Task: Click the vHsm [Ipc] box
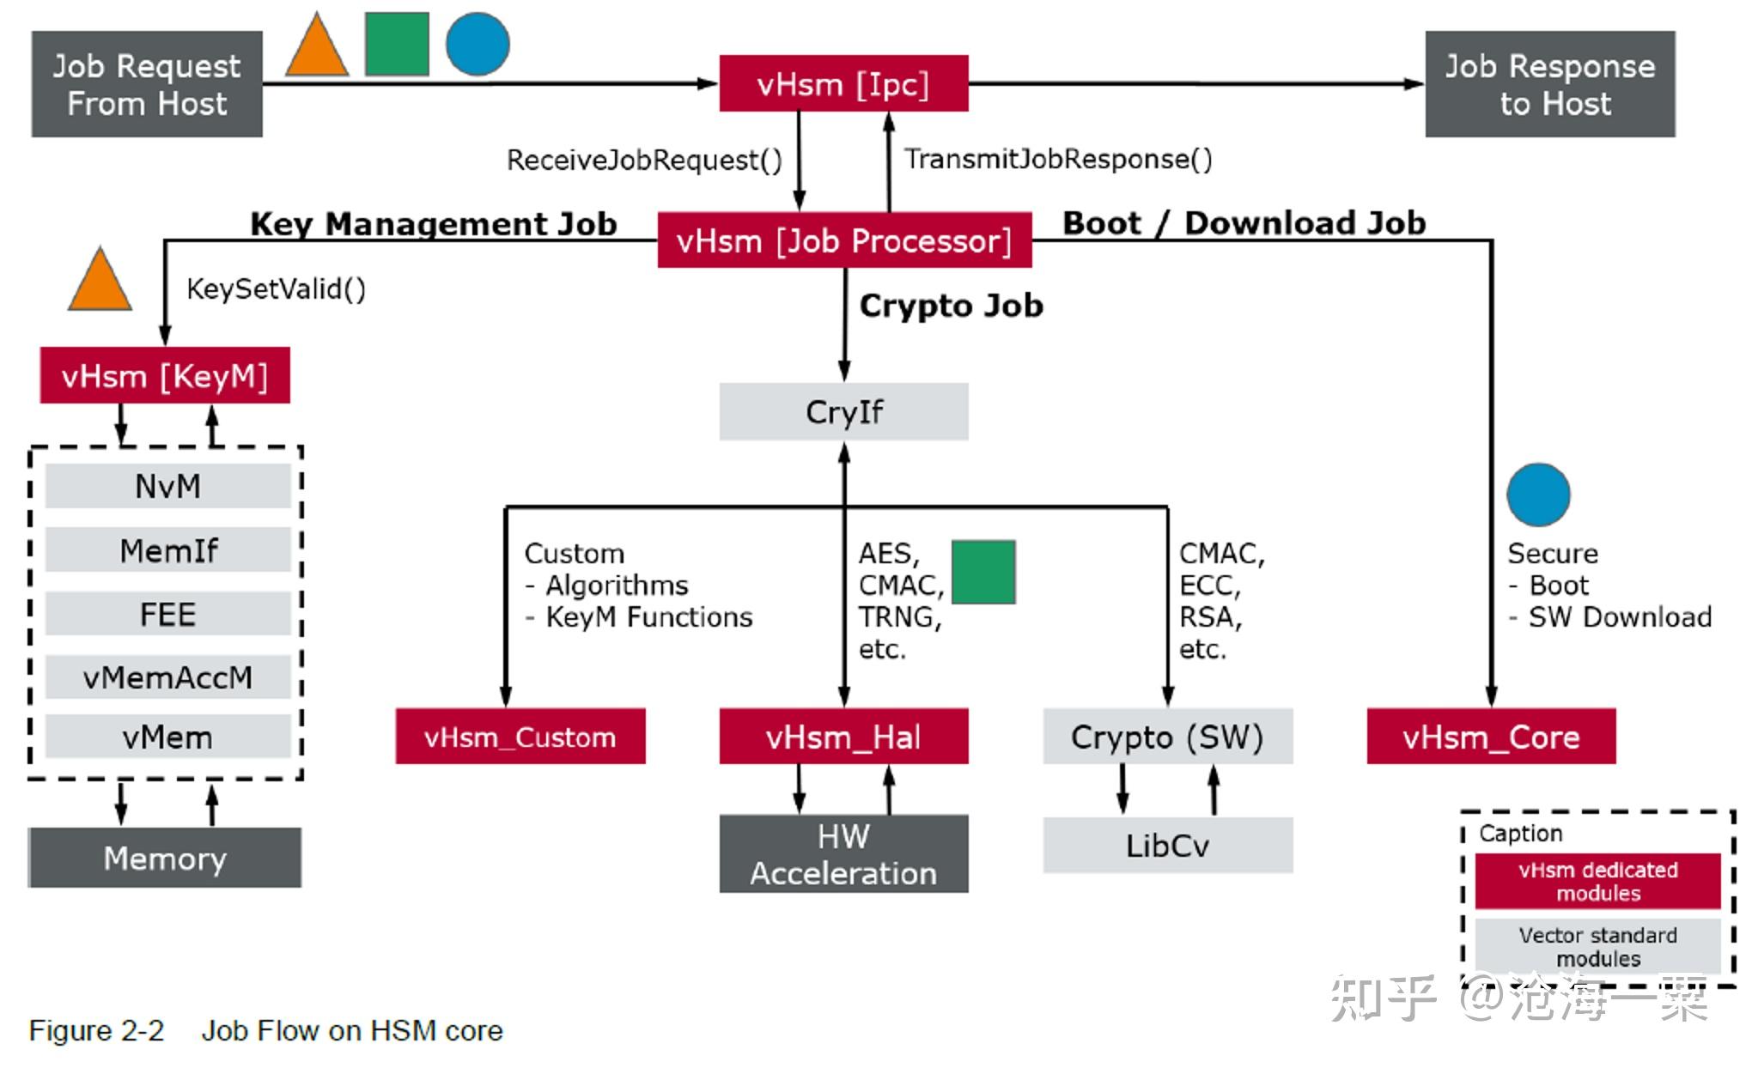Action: (843, 84)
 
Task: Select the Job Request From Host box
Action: (147, 84)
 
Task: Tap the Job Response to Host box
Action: (1549, 84)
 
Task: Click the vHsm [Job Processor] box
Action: (844, 241)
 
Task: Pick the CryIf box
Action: (843, 412)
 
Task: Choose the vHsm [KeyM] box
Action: (165, 376)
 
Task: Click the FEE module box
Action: (167, 614)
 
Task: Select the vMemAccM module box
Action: (167, 677)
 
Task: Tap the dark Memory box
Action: (165, 858)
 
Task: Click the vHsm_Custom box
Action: (520, 737)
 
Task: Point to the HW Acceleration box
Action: (843, 854)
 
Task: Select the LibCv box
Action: (1167, 846)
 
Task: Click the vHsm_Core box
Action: (1491, 737)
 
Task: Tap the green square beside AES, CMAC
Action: (983, 572)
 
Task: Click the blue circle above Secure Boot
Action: (1538, 495)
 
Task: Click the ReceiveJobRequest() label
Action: (644, 161)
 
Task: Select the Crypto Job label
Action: (951, 306)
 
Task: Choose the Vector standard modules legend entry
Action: (1597, 946)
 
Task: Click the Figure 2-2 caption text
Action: (265, 1030)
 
